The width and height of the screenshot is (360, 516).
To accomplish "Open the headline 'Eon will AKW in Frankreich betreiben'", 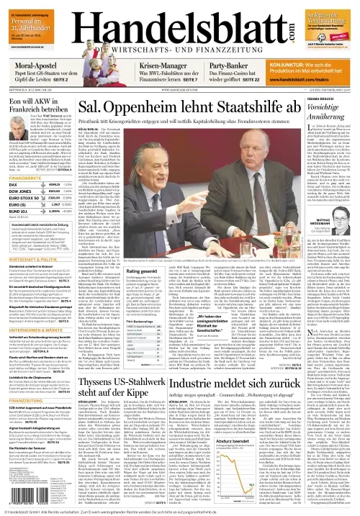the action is click(33, 107).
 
